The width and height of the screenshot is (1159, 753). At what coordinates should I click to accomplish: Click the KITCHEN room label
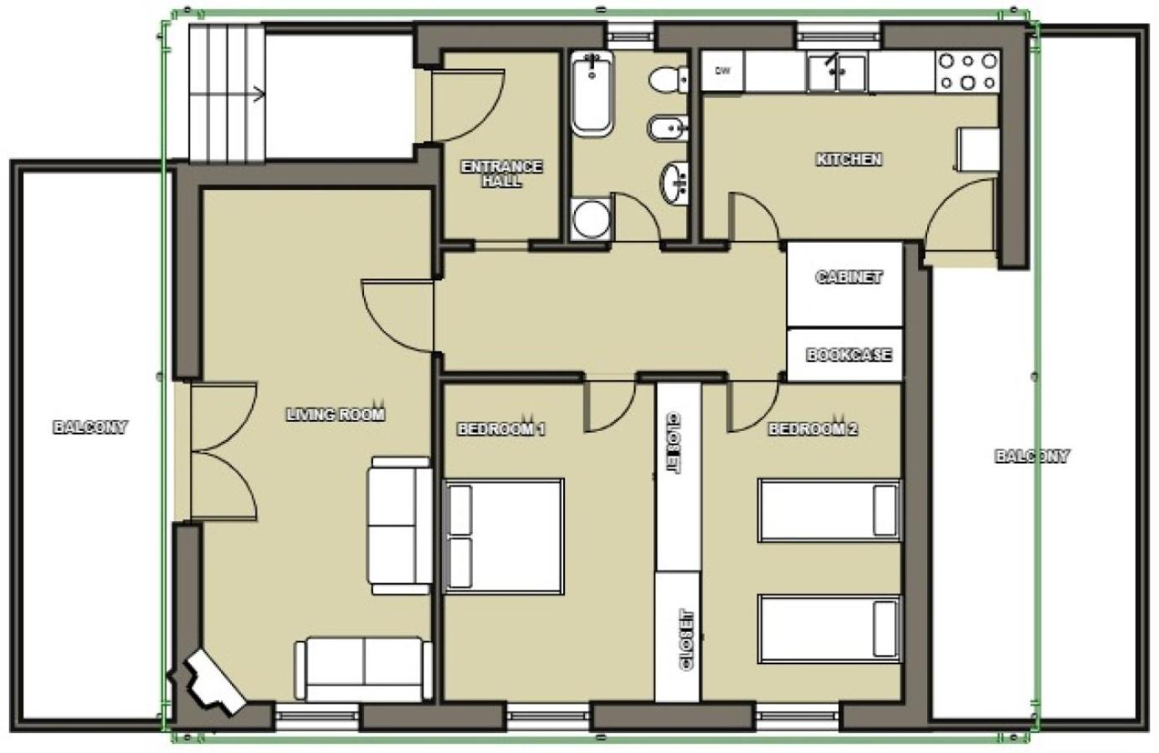pos(849,159)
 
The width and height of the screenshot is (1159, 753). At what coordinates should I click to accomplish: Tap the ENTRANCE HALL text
pos(501,174)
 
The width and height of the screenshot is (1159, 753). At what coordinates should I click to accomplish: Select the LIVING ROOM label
pos(336,414)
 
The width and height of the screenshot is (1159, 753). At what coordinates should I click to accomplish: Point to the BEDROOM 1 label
pos(501,428)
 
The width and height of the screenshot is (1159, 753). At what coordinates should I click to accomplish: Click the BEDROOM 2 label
pos(813,428)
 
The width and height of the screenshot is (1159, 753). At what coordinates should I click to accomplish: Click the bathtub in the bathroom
pos(592,94)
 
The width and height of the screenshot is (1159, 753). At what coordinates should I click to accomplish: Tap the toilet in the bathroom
pos(669,80)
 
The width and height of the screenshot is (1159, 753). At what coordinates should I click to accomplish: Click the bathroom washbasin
pos(674,182)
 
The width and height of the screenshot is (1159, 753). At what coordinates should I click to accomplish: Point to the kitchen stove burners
pos(967,72)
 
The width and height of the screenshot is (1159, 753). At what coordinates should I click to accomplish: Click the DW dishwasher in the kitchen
pos(723,71)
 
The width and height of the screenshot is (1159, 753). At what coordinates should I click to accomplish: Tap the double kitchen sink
pos(837,73)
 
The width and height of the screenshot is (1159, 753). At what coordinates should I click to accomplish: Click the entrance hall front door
pos(467,105)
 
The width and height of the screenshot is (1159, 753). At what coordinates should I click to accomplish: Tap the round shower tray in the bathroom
pos(592,219)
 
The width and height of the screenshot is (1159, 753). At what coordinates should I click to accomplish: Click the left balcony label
pos(90,428)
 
